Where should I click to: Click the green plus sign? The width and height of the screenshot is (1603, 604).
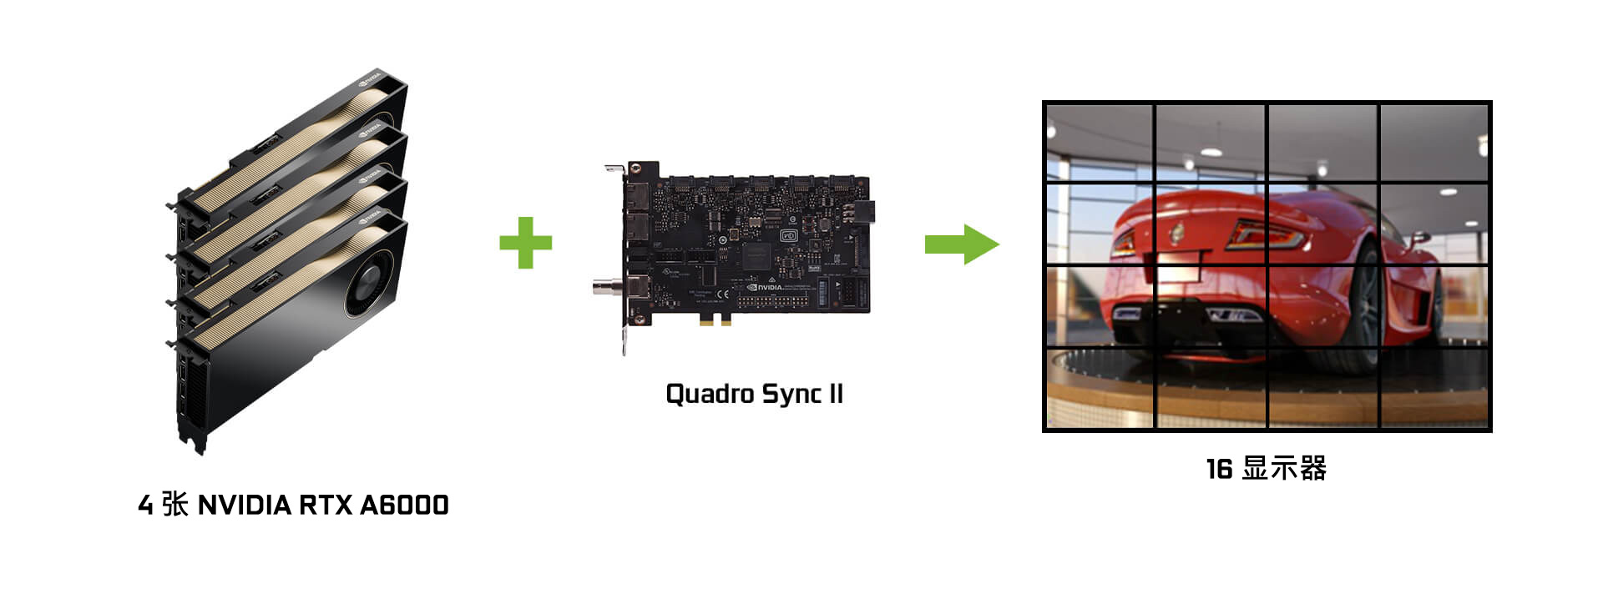pos(525,243)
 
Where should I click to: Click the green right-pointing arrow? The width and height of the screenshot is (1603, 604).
pos(962,244)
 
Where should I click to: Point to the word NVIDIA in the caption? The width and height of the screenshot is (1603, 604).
pos(244,505)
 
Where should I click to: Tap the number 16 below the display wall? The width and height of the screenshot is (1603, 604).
pos(1219,469)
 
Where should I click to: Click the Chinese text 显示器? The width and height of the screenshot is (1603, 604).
pos(1284,468)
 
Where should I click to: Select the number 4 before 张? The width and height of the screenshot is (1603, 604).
pos(145,505)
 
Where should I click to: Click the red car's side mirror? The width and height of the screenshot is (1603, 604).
pos(1417,239)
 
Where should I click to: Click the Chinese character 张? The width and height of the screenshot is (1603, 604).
pos(174,504)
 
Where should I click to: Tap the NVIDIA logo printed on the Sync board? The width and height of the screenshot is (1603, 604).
pos(764,287)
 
